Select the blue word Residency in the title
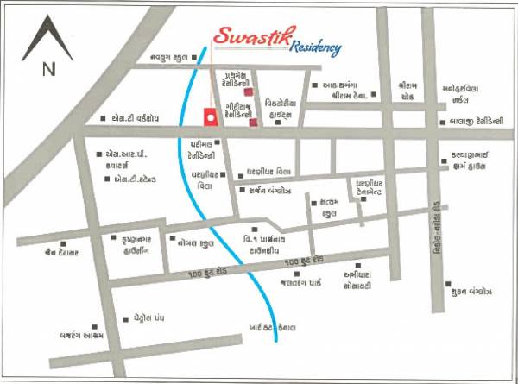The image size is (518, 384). tap(315, 47)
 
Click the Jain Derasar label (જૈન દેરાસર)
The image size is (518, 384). tap(62, 252)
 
